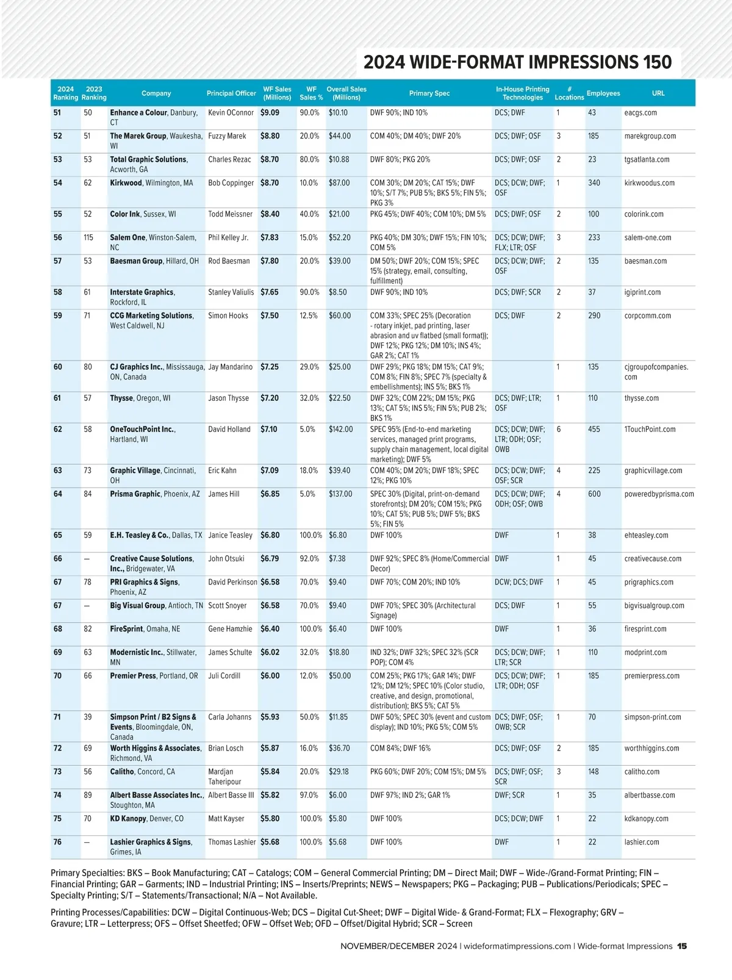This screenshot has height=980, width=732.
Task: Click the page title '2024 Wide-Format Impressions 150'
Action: [517, 62]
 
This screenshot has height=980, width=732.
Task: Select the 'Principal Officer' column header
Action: [231, 93]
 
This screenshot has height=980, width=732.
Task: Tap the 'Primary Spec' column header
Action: [429, 93]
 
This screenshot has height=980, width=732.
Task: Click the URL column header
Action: [658, 93]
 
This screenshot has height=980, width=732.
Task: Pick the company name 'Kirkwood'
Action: [126, 183]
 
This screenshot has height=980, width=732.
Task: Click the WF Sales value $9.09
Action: [270, 113]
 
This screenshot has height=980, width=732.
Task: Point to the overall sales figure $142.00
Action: [340, 430]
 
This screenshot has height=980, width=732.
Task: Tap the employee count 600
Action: [594, 494]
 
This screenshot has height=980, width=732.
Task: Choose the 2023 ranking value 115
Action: [88, 238]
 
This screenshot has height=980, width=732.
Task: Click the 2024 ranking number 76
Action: [57, 842]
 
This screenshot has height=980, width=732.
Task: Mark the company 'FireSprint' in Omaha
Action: [126, 629]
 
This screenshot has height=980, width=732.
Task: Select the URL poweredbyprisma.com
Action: [659, 494]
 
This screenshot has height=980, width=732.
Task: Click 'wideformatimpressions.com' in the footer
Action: [517, 946]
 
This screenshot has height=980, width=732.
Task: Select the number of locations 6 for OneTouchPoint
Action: [558, 430]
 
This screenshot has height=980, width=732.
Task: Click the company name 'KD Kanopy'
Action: [128, 819]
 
